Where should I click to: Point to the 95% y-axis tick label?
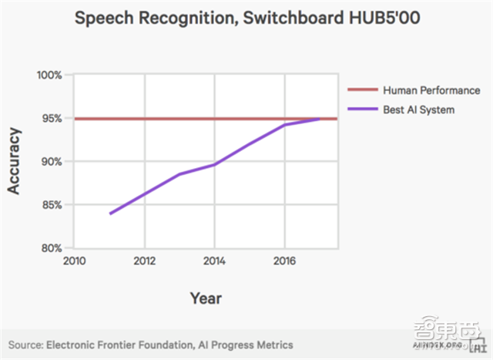(x=51, y=119)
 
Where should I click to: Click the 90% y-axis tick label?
(x=51, y=162)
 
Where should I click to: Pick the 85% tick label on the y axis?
(x=51, y=205)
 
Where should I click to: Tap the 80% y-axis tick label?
(x=51, y=248)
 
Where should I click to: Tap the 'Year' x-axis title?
(x=206, y=297)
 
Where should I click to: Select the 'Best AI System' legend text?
(x=418, y=109)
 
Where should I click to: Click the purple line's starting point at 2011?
(x=110, y=214)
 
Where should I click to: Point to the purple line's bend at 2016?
(x=284, y=125)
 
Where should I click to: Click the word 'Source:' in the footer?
(x=25, y=343)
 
